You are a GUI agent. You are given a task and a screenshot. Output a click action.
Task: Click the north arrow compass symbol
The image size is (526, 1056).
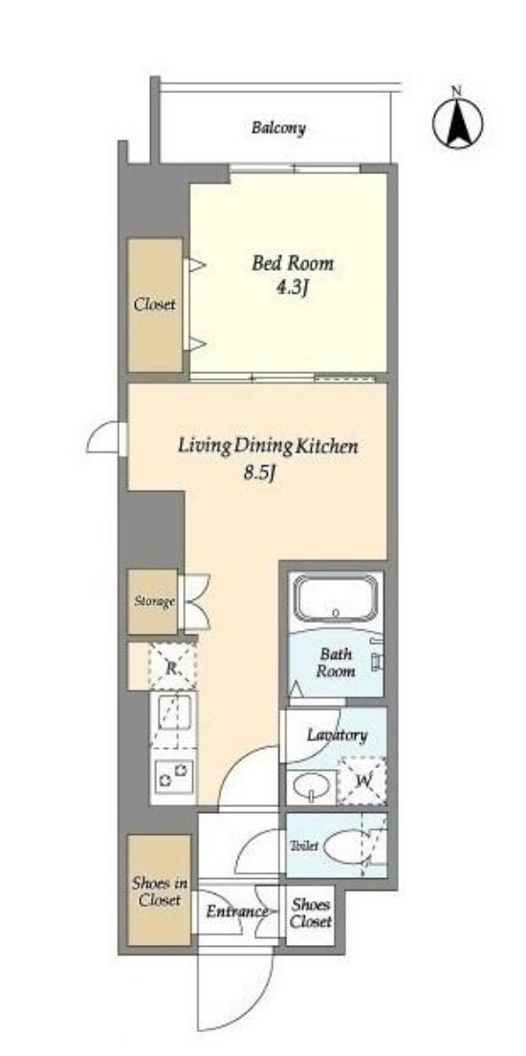point(456,122)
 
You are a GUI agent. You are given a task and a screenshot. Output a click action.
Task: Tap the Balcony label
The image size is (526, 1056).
point(278,127)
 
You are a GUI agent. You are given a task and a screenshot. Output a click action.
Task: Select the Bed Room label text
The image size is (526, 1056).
point(293,263)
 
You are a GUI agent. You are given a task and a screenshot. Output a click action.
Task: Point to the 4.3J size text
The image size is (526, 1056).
point(293,288)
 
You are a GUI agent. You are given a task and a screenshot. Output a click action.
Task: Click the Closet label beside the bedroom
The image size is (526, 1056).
point(154,304)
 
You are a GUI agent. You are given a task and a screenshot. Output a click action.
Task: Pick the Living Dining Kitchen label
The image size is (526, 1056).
point(268,446)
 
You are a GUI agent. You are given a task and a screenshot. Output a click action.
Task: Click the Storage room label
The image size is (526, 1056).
point(154,602)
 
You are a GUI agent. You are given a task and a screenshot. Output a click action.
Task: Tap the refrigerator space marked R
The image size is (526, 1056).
point(172,668)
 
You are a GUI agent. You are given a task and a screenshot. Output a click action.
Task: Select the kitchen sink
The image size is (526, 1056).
point(174,718)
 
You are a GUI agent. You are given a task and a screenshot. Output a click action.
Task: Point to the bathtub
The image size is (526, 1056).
point(335,598)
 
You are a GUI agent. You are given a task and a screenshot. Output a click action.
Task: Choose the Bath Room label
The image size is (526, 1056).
point(336,662)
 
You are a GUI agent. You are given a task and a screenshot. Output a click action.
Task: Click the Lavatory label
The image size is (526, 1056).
point(337,735)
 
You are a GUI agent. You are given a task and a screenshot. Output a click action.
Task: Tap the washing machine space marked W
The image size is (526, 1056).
point(362,781)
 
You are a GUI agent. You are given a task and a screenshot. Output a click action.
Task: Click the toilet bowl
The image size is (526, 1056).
point(346,846)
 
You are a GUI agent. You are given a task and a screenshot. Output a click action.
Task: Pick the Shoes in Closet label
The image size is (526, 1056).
point(160,891)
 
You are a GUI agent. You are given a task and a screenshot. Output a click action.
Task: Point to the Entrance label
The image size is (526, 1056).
point(235,912)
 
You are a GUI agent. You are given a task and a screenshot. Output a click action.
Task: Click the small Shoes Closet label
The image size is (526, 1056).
point(311,913)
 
